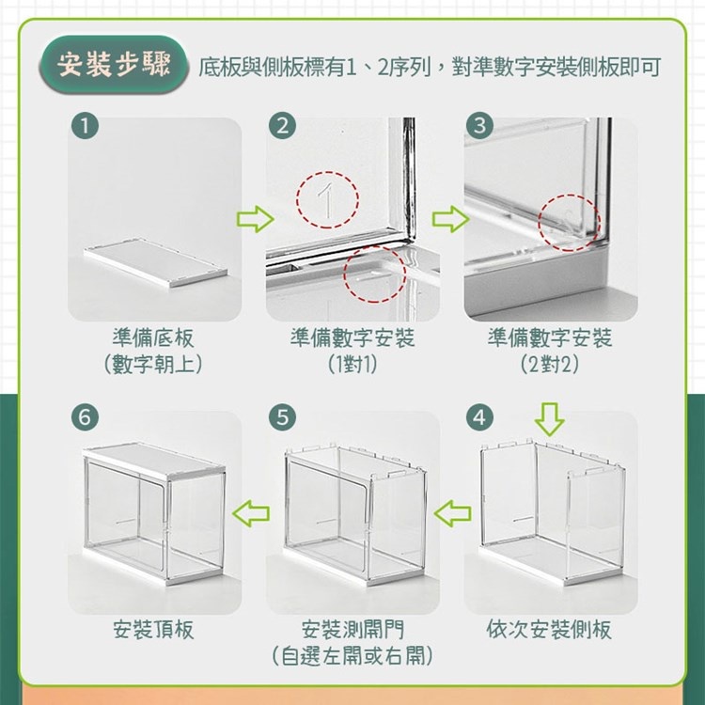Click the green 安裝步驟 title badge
point(113,64)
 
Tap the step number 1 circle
point(85,125)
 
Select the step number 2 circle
point(282,125)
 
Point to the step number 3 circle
point(479,125)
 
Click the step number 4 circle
point(479,416)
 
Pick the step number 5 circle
point(282,416)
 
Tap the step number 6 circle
point(85,416)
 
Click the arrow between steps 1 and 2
point(255,219)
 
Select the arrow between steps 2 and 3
point(450,219)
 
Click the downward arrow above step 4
point(550,419)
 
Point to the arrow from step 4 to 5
point(453,513)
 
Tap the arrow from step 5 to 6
point(251,513)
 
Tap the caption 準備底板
point(153,338)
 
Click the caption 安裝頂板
point(153,630)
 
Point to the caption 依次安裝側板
point(549,630)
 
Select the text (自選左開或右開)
point(352,656)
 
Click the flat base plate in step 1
point(155,263)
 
